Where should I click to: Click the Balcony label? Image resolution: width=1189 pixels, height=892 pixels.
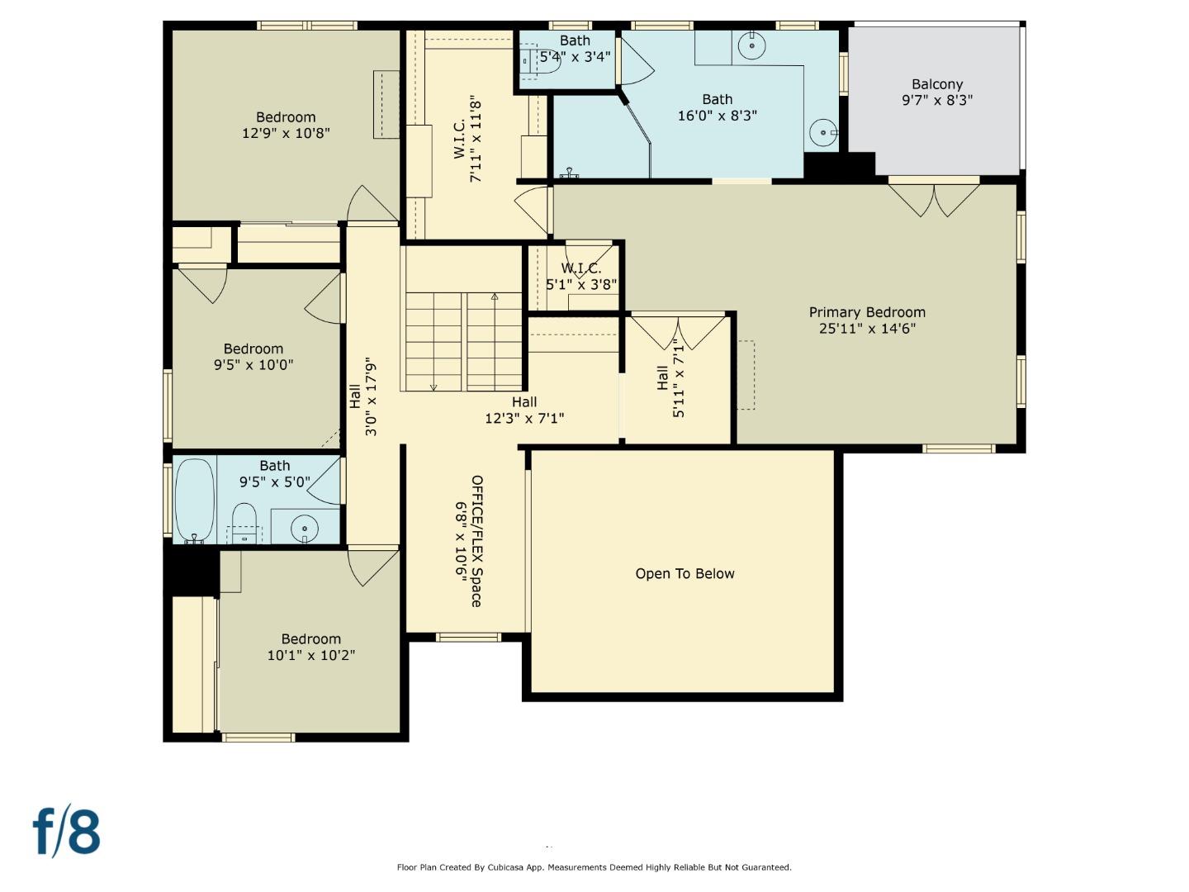pyautogui.click(x=937, y=84)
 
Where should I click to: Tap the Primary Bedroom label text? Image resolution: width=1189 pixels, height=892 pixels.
pyautogui.click(x=867, y=312)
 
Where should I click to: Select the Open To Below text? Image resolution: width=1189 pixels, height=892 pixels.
pyautogui.click(x=685, y=574)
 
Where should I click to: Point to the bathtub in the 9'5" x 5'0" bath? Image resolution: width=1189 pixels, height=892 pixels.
pyautogui.click(x=194, y=500)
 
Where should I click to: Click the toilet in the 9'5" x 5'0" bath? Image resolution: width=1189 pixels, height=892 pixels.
pyautogui.click(x=244, y=522)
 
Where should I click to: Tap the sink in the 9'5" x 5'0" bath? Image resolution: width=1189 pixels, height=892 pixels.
pyautogui.click(x=305, y=527)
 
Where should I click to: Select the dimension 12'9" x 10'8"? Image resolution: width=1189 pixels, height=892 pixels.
pyautogui.click(x=286, y=133)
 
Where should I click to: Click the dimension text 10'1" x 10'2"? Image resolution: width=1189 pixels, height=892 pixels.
pyautogui.click(x=310, y=656)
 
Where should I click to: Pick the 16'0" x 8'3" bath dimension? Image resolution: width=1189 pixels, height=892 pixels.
pyautogui.click(x=717, y=116)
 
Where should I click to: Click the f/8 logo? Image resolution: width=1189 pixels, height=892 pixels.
pyautogui.click(x=67, y=832)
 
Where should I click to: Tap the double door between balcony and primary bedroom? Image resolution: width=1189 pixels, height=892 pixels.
pyautogui.click(x=934, y=198)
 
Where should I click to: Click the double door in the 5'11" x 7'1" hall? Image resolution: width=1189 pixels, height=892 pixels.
pyautogui.click(x=678, y=332)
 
